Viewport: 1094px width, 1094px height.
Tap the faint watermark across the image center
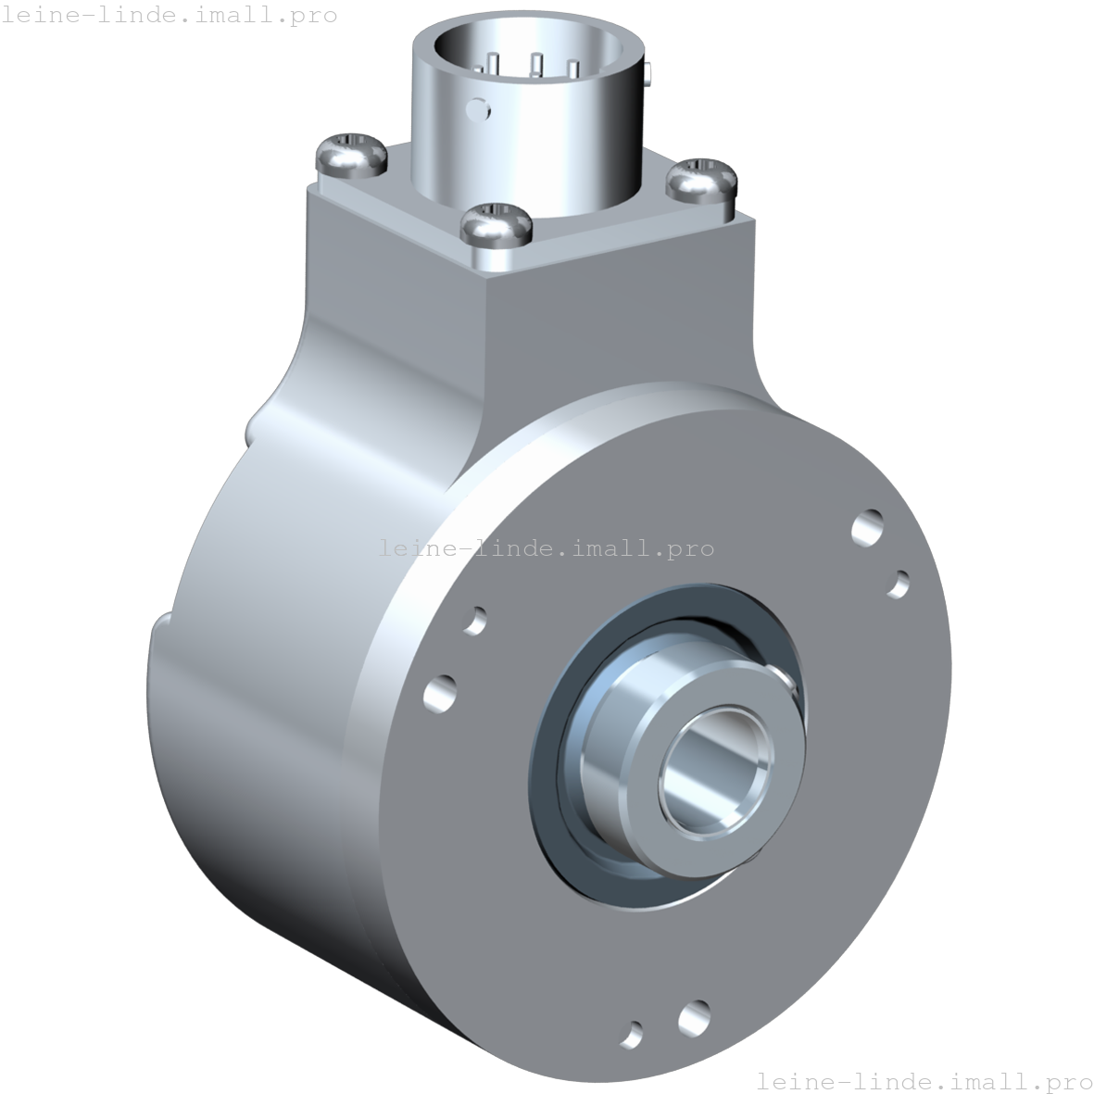tap(546, 547)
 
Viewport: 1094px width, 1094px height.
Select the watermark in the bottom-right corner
tap(924, 1080)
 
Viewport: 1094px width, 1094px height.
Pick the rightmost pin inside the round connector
tap(573, 69)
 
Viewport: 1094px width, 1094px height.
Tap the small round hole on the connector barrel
tap(478, 108)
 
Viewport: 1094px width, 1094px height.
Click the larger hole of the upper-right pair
tap(868, 528)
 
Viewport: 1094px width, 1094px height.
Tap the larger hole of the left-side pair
tap(440, 693)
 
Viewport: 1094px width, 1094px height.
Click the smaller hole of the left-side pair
tap(475, 620)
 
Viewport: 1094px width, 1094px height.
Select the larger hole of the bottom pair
tap(694, 1017)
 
